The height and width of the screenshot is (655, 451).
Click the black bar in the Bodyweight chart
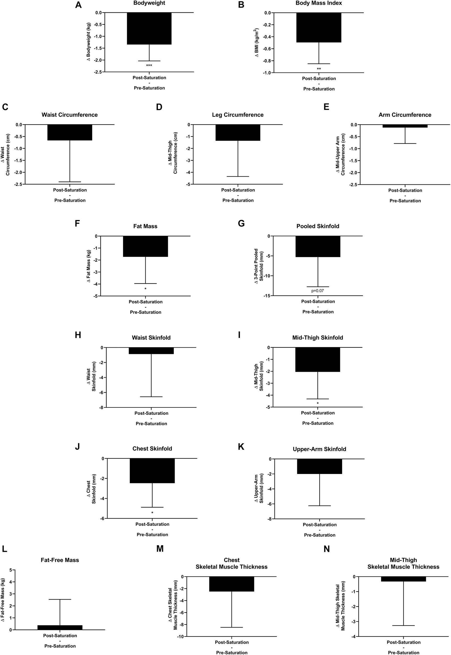[x=149, y=28]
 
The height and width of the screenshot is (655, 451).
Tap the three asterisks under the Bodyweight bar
[x=149, y=65]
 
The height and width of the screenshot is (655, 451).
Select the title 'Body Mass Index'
[x=319, y=3]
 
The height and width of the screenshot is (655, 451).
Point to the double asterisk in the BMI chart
[x=319, y=69]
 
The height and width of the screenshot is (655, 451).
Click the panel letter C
[x=5, y=107]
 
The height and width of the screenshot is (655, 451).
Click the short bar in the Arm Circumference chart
[x=405, y=126]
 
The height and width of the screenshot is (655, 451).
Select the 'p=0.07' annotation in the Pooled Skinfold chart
[x=318, y=290]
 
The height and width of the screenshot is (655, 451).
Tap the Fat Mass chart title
[x=145, y=226]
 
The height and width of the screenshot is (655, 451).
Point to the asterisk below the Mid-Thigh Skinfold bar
[x=318, y=403]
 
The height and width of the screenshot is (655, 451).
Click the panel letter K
[x=241, y=447]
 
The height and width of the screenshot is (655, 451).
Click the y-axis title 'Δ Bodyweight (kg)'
[x=89, y=42]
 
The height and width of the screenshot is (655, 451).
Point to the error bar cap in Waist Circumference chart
[x=69, y=182]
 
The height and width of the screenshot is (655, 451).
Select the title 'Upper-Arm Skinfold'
[x=319, y=449]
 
